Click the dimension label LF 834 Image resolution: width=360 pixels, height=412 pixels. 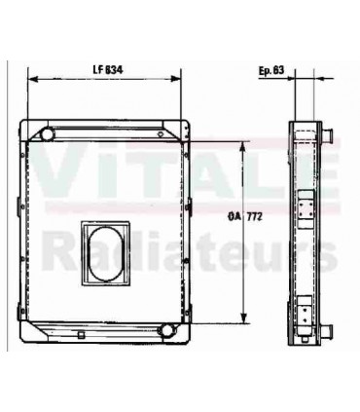[108, 70]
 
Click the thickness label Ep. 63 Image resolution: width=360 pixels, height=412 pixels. [271, 70]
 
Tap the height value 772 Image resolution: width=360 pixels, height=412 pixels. [255, 217]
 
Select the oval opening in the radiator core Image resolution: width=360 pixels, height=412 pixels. [106, 253]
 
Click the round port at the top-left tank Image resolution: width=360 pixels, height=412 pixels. [48, 133]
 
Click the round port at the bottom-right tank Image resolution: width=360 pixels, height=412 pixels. [166, 330]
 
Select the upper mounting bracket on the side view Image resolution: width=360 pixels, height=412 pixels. [306, 209]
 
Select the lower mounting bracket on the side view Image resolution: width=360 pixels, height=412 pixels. [305, 316]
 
